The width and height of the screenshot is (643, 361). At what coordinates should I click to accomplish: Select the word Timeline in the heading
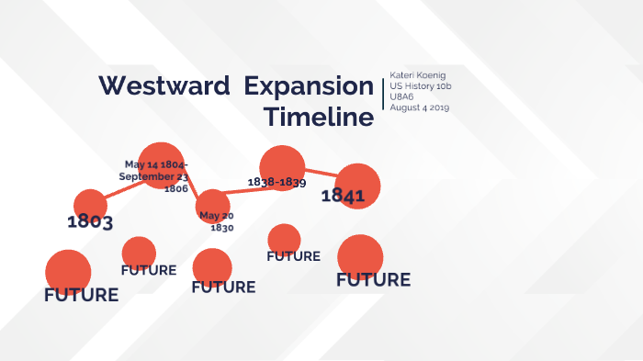pos(318,118)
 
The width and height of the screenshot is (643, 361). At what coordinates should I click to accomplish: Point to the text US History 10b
pos(422,85)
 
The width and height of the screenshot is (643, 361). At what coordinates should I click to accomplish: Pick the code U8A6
pos(403,96)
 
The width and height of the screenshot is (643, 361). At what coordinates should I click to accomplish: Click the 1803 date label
pos(90,221)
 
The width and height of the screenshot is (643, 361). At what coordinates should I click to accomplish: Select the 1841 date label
pos(343,196)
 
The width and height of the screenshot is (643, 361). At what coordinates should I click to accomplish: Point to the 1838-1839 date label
pos(276,182)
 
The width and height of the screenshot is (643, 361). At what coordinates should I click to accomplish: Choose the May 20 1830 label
pos(217,221)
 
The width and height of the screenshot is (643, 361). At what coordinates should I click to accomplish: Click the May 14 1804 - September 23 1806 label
pos(157,175)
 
